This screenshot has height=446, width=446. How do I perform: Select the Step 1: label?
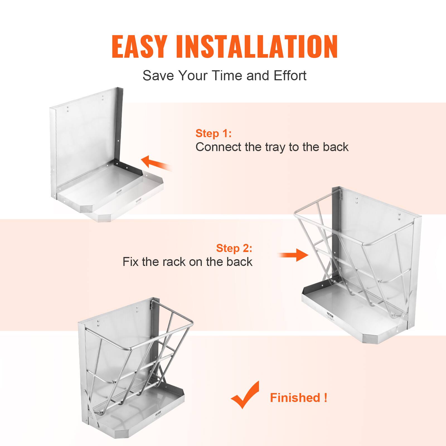click(213, 133)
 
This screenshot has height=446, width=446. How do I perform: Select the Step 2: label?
click(234, 248)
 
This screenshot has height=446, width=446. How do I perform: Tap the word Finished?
click(295, 397)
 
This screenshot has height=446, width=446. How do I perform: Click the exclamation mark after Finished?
click(326, 397)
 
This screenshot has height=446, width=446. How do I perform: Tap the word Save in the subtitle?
click(158, 76)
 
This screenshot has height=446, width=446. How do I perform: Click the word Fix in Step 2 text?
click(130, 262)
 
